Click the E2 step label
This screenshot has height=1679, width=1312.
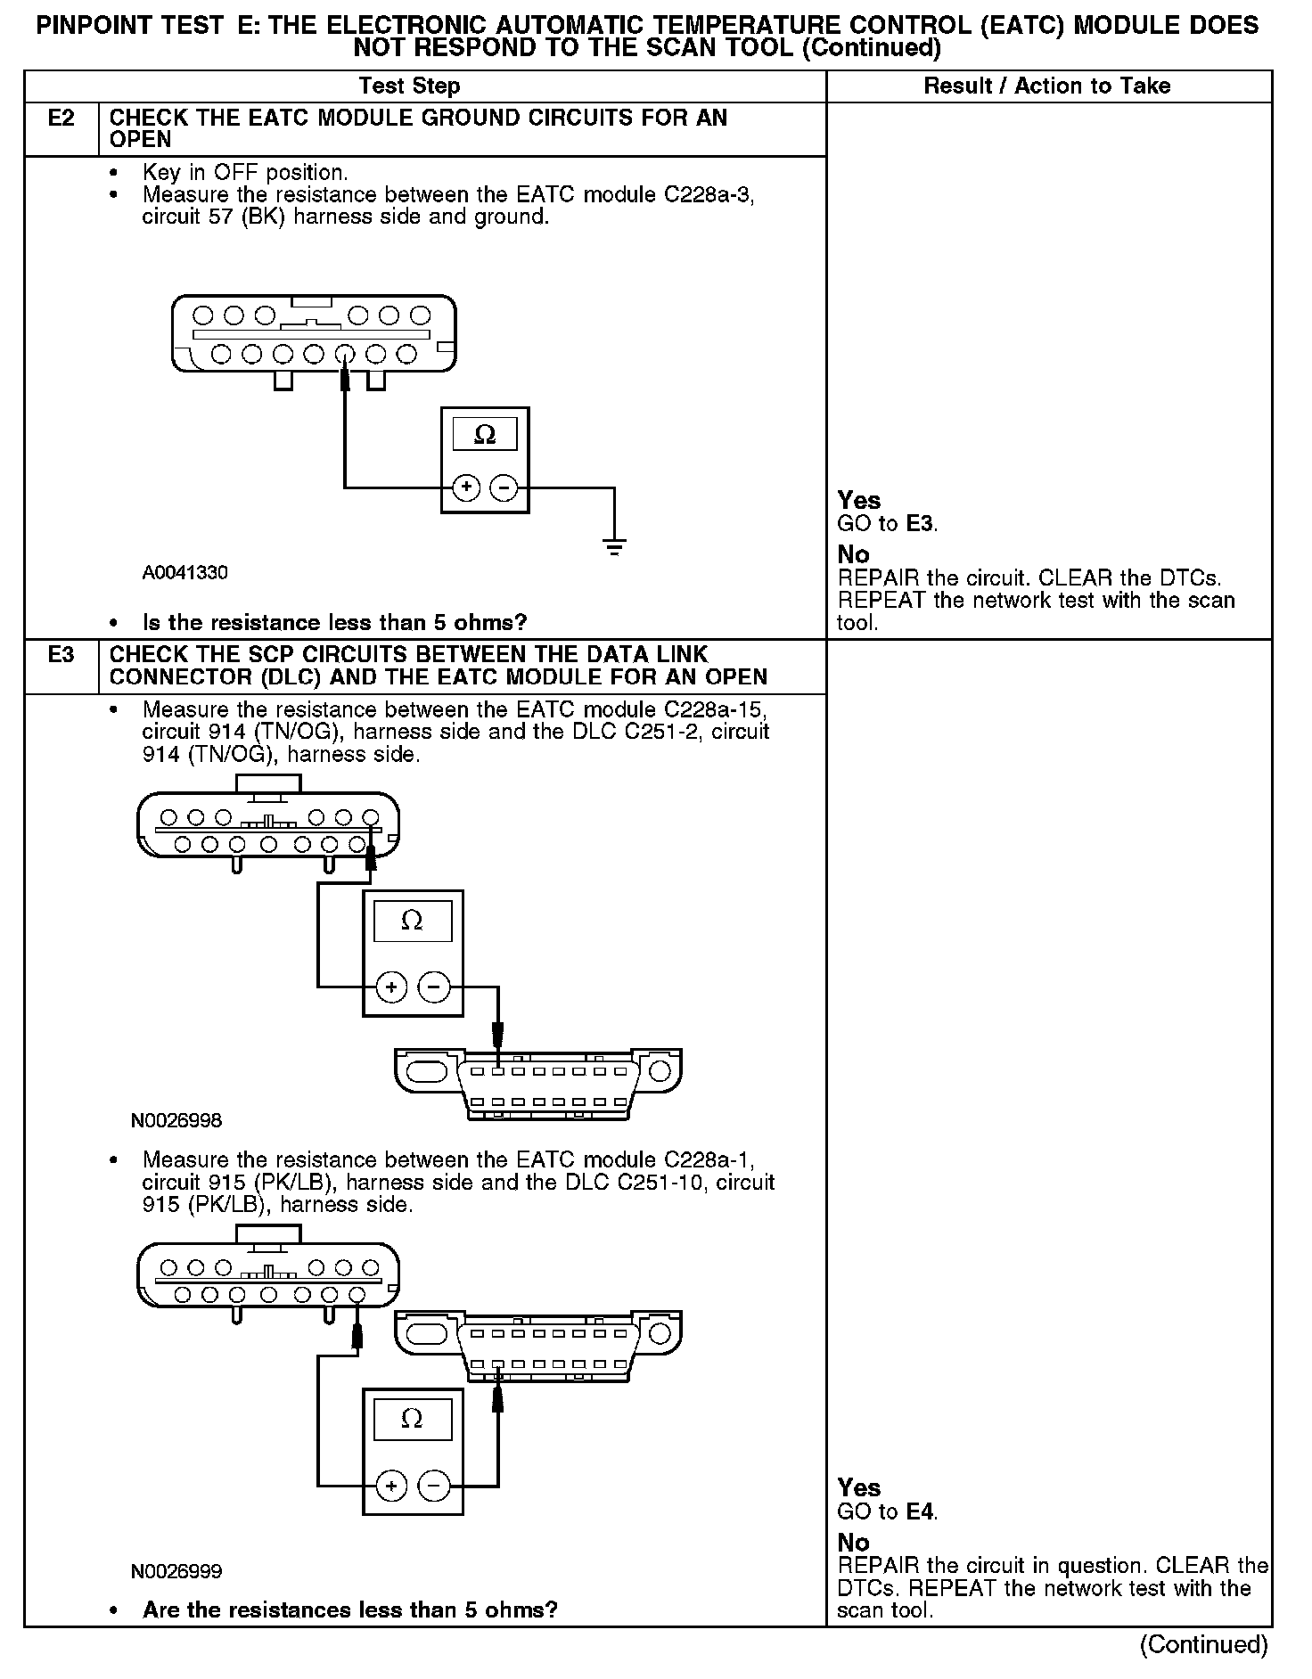click(61, 119)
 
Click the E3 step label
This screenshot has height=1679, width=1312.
click(61, 655)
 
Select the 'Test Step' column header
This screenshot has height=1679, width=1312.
click(409, 86)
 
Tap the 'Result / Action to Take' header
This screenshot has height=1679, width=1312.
click(1047, 86)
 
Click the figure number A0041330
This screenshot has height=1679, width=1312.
click(184, 573)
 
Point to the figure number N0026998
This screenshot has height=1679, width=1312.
click(176, 1120)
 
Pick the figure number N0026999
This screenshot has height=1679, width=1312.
click(176, 1571)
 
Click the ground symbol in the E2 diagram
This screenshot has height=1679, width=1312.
click(614, 546)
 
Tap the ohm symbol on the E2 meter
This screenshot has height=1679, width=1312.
click(485, 435)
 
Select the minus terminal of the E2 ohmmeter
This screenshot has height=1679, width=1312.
click(504, 487)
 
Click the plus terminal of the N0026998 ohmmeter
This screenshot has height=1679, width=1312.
click(391, 987)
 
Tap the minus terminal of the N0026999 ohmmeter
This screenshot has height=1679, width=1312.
click(434, 1486)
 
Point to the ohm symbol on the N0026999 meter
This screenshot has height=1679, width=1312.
click(412, 1420)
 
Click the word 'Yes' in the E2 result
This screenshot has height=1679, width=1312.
click(859, 501)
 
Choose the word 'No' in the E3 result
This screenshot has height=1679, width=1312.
click(853, 1543)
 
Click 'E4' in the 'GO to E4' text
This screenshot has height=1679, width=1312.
click(921, 1512)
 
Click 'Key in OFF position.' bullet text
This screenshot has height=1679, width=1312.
click(245, 172)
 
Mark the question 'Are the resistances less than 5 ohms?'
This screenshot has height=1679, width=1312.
click(349, 1610)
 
